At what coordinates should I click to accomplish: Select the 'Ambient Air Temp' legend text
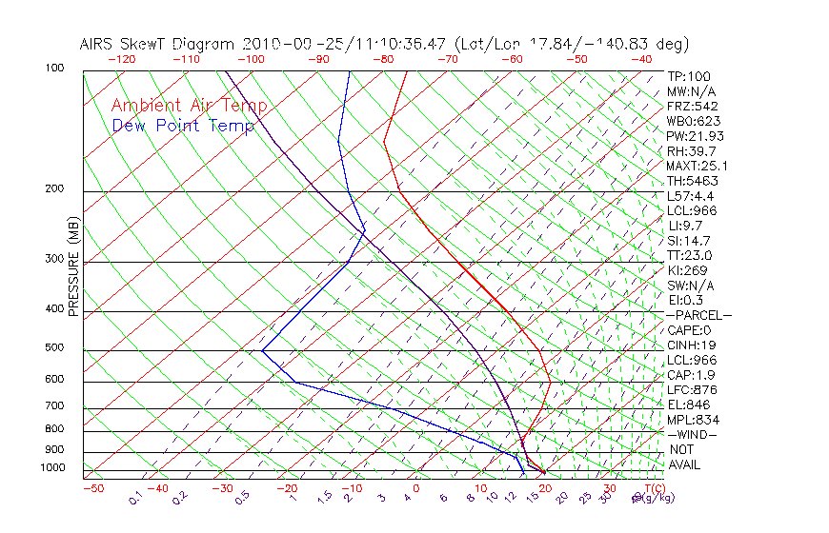coord(189,106)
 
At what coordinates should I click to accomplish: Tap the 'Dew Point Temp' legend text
coord(183,126)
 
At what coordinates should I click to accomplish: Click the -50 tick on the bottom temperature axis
coord(92,489)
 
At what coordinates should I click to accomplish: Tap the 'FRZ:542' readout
coord(693,106)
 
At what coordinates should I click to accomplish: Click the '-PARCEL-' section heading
coord(698,315)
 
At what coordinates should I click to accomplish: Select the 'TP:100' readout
coord(689,76)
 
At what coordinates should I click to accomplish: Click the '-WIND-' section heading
coord(692,435)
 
